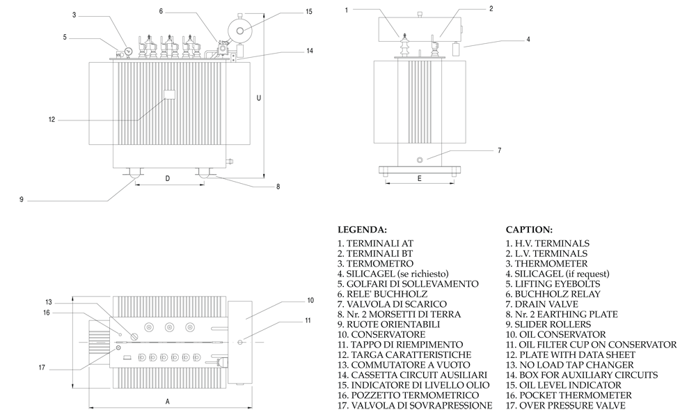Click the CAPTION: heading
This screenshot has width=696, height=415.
[x=529, y=229]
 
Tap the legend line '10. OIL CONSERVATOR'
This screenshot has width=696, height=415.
[x=555, y=334]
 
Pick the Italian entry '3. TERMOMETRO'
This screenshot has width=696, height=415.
[x=375, y=264]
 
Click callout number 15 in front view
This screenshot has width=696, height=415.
[x=309, y=11]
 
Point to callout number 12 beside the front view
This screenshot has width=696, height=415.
[x=52, y=119]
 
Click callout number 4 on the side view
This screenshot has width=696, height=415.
[x=528, y=40]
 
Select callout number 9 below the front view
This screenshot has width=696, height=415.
[x=22, y=200]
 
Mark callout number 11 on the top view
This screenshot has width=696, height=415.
[x=308, y=320]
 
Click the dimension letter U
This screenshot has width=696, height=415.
[x=259, y=98]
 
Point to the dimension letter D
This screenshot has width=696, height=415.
[x=167, y=178]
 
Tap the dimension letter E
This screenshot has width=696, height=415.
[x=418, y=178]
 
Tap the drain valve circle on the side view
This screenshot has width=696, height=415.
[x=420, y=159]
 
